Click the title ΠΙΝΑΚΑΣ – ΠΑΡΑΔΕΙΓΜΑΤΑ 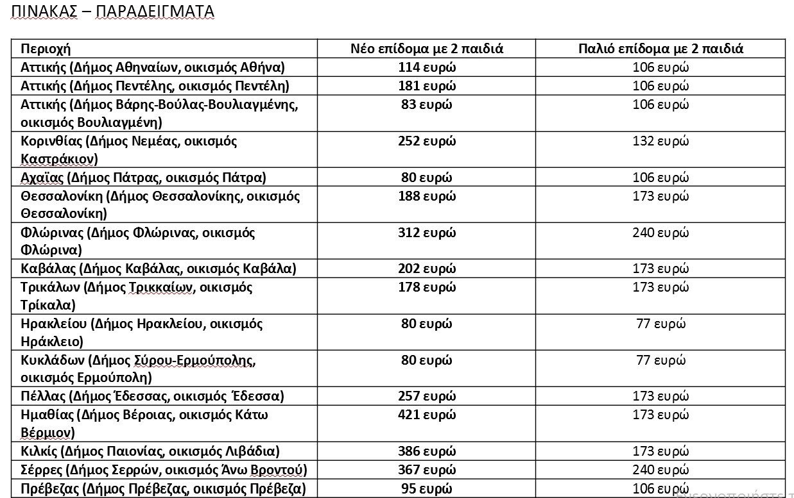pyautogui.click(x=113, y=12)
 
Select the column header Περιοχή pyautogui.click(x=46, y=49)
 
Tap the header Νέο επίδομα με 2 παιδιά pyautogui.click(x=426, y=49)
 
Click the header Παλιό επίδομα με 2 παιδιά pyautogui.click(x=660, y=49)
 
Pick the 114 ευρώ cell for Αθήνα pyautogui.click(x=426, y=67)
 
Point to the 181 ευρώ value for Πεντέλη pyautogui.click(x=426, y=86)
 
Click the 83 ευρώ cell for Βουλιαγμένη pyautogui.click(x=426, y=104)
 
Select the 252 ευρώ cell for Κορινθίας pyautogui.click(x=426, y=141)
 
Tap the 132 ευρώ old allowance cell pyautogui.click(x=660, y=141)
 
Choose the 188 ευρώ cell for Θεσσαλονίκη pyautogui.click(x=426, y=196)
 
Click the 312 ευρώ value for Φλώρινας pyautogui.click(x=426, y=233)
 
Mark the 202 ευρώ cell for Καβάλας pyautogui.click(x=426, y=269)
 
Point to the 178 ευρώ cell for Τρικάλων pyautogui.click(x=426, y=287)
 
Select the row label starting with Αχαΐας pyautogui.click(x=143, y=178)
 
